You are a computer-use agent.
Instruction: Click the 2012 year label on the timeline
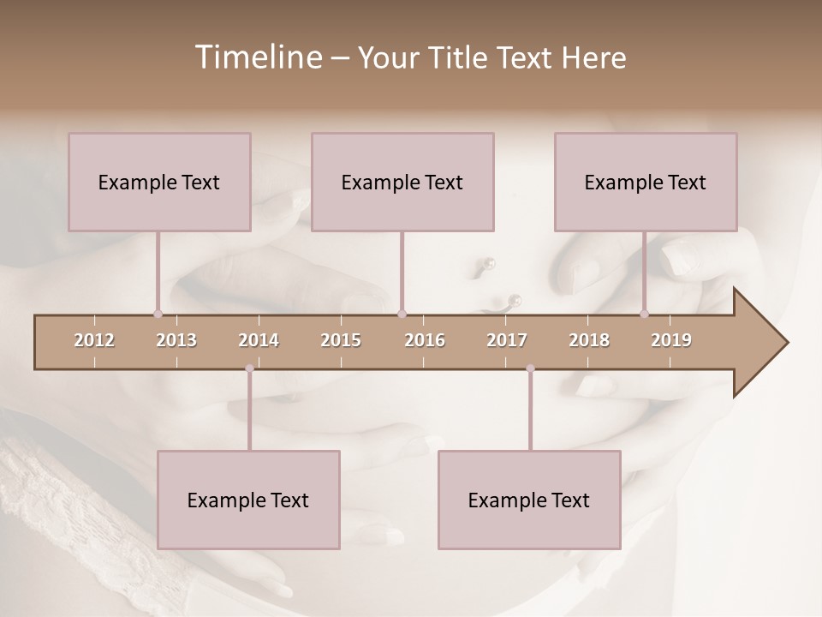(x=94, y=340)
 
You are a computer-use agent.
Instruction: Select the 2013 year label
(x=176, y=340)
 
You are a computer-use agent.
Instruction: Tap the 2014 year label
(x=259, y=340)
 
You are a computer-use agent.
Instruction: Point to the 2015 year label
(x=341, y=340)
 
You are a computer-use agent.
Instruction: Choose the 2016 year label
(x=425, y=340)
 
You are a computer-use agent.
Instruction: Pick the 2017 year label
(x=507, y=340)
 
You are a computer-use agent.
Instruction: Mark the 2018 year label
(x=589, y=340)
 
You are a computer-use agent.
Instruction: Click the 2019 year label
(x=671, y=340)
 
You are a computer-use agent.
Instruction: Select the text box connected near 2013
(x=159, y=182)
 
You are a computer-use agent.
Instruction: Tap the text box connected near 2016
(x=402, y=182)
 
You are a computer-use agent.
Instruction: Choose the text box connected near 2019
(x=646, y=182)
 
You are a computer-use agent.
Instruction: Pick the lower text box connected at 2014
(x=248, y=500)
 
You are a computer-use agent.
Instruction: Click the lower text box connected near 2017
(x=529, y=500)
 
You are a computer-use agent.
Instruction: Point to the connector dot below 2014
(x=249, y=368)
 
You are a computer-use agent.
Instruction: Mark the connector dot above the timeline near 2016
(x=402, y=314)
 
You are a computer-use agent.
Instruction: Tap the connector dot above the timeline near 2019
(x=645, y=314)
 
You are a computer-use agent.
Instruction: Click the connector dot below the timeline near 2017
(x=530, y=368)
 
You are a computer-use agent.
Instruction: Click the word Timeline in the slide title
(x=258, y=57)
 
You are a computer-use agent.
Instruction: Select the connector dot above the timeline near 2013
(x=158, y=314)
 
